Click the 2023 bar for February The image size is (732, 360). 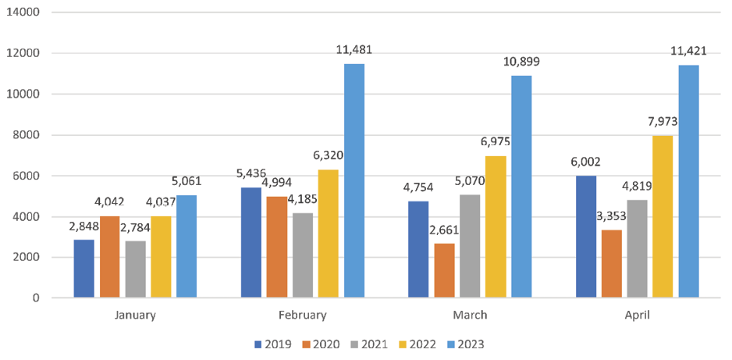coord(354,180)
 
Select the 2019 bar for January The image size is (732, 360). coord(84,269)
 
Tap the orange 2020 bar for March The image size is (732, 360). coord(444,270)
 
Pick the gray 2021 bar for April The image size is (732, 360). coord(637,248)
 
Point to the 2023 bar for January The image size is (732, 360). coord(187,246)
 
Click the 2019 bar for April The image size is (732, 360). coord(585,237)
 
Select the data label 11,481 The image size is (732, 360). coord(354,50)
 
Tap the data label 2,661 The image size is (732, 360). coord(444,230)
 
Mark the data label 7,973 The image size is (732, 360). coord(663,123)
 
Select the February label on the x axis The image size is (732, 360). coord(302,315)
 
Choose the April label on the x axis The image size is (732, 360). coord(637,315)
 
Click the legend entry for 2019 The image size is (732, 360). coord(273,344)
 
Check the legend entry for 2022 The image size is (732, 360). coord(416,344)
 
